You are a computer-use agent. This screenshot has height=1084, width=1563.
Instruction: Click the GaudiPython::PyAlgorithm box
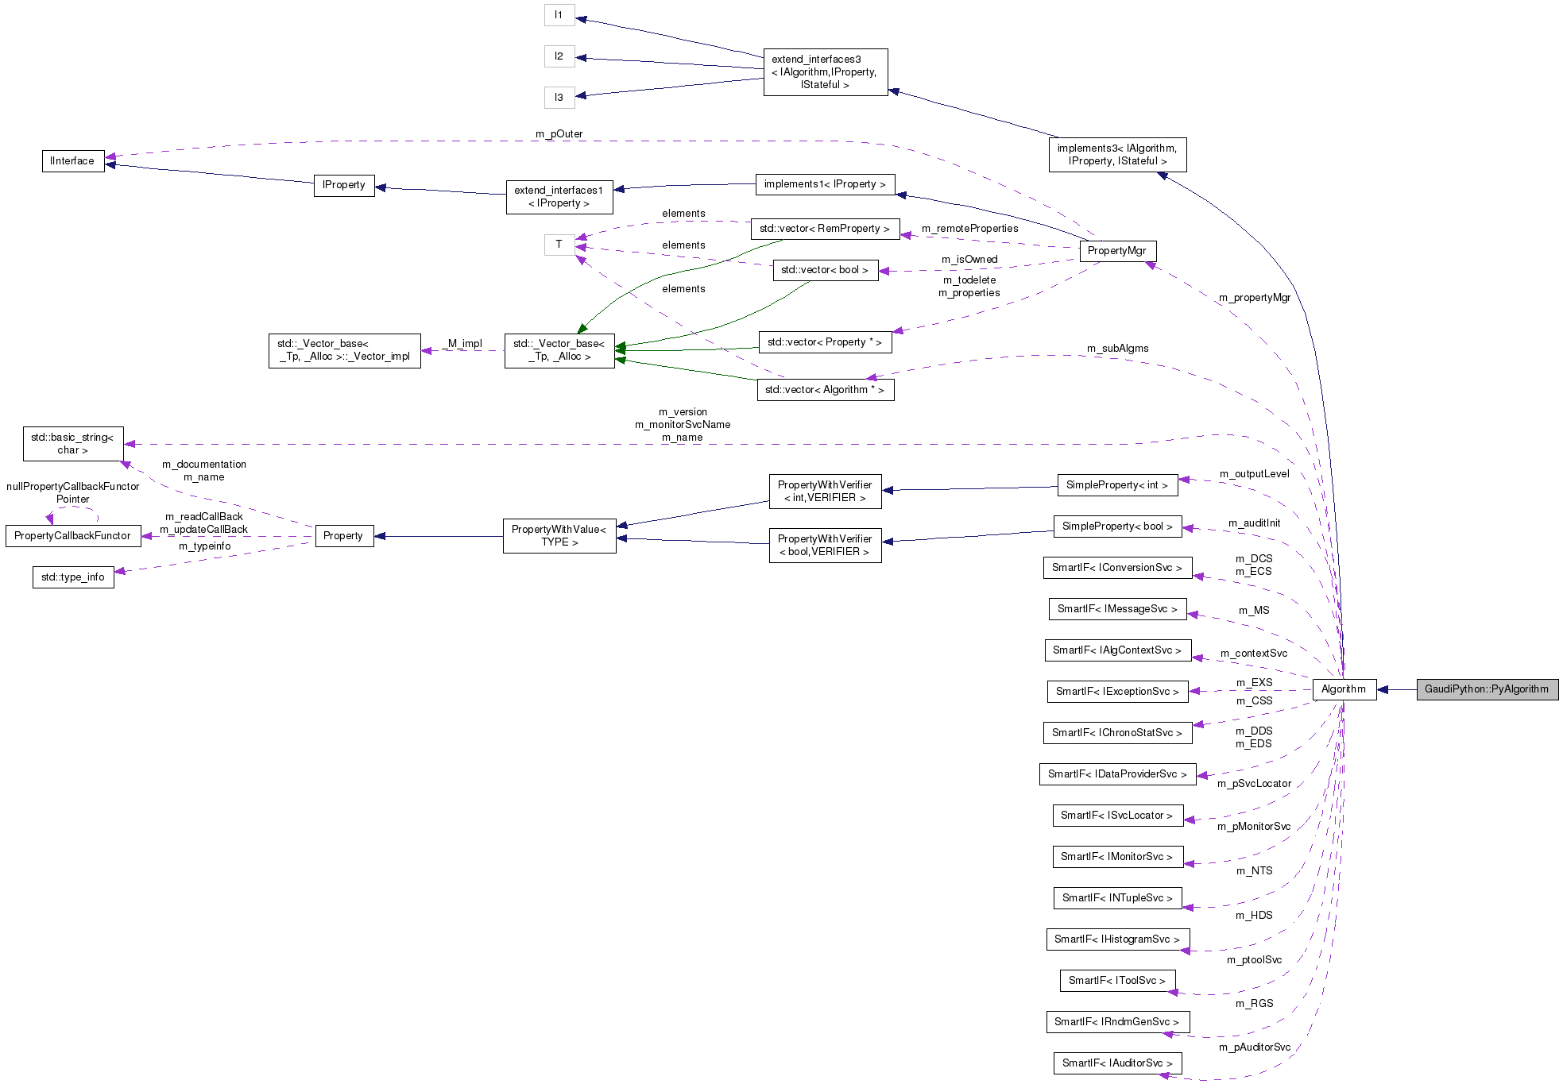click(x=1486, y=689)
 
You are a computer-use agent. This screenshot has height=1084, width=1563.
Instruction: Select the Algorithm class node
click(x=1343, y=689)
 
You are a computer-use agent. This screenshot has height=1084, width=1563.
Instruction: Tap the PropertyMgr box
click(x=1116, y=251)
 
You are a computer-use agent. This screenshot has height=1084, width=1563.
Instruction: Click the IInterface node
click(x=72, y=161)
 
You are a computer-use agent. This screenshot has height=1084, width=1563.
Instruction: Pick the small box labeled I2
click(x=559, y=56)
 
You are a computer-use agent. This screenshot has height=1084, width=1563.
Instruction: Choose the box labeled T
click(x=559, y=245)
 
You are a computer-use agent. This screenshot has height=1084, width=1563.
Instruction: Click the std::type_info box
click(x=72, y=577)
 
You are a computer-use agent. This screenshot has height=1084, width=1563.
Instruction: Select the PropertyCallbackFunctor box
click(x=72, y=536)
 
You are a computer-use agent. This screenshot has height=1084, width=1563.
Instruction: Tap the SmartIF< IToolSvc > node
click(x=1116, y=981)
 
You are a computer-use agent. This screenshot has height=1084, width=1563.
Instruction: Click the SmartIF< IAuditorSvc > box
click(x=1116, y=1063)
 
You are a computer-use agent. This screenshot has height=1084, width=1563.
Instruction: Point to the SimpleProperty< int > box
click(x=1116, y=485)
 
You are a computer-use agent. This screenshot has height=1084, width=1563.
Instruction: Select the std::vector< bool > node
click(x=824, y=270)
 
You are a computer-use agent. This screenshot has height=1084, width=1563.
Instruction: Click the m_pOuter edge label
click(x=559, y=134)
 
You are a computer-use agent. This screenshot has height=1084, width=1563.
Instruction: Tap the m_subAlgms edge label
click(x=1117, y=349)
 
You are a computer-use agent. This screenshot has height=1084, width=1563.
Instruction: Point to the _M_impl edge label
click(x=462, y=344)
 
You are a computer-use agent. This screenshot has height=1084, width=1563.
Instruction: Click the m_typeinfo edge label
click(x=204, y=546)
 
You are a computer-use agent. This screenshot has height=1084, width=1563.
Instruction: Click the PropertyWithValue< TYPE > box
click(x=559, y=536)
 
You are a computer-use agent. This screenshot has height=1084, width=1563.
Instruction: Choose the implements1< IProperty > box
click(x=824, y=184)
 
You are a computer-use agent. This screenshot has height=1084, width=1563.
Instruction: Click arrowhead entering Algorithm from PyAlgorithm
click(x=1382, y=689)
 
